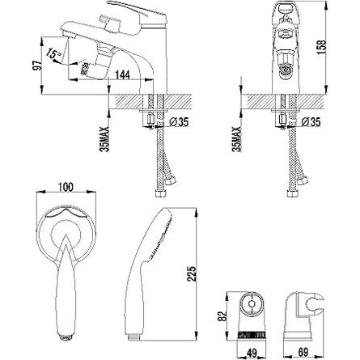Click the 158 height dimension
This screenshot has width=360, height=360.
click(x=322, y=48)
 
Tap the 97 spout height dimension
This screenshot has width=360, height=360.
click(x=37, y=66)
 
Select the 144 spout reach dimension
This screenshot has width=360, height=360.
click(x=122, y=74)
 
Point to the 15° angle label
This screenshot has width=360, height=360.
click(x=53, y=53)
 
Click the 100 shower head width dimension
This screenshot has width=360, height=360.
click(x=66, y=187)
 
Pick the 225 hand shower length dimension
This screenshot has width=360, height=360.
click(x=192, y=273)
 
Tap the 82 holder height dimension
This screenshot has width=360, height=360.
click(x=222, y=316)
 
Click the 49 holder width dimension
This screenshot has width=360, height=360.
click(x=252, y=352)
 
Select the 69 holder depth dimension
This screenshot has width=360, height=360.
click(x=303, y=352)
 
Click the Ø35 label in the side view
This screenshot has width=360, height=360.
click(x=179, y=122)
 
